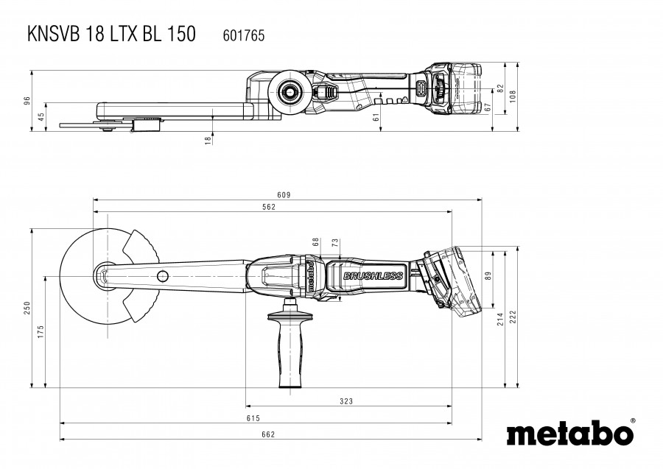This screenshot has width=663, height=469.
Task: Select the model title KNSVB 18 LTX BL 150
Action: [x=112, y=35]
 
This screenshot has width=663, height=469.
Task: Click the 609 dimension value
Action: [x=284, y=194]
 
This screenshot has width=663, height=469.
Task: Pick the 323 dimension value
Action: [x=347, y=401]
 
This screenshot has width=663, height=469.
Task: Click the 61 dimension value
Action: [x=376, y=116]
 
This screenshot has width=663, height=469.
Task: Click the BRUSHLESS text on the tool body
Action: [x=373, y=276]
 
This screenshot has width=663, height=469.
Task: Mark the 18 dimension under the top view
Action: [x=208, y=138]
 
